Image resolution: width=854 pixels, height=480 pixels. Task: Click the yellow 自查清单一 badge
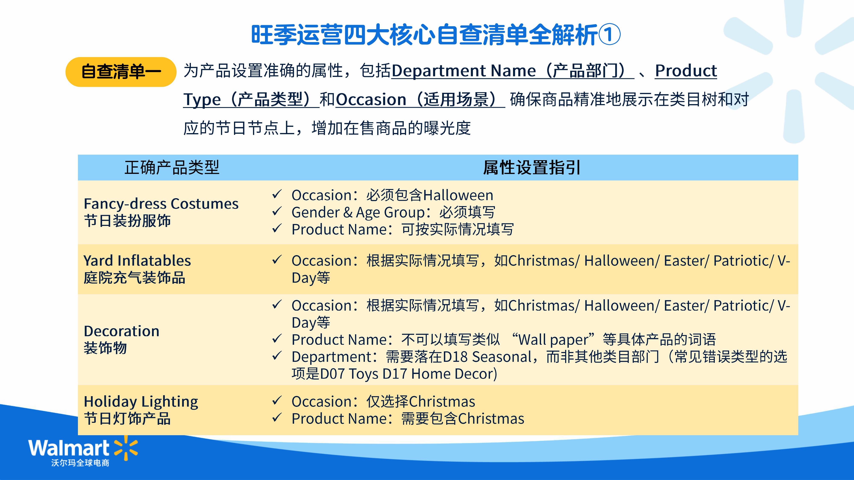click(121, 72)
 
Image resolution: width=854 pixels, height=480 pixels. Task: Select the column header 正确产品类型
click(172, 167)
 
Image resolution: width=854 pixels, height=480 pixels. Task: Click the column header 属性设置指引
click(531, 167)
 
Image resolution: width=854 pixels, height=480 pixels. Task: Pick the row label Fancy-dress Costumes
click(161, 203)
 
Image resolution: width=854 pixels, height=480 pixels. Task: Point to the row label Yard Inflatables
click(137, 260)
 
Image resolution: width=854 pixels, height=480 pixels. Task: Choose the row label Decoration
click(122, 331)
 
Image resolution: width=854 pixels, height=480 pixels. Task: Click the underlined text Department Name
click(464, 71)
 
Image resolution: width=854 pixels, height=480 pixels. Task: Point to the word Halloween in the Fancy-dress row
click(459, 195)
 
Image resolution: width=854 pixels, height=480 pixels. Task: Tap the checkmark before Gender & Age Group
click(277, 211)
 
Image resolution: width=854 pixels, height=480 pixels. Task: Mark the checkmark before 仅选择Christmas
click(277, 401)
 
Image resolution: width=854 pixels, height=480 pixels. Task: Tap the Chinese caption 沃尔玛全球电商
click(80, 463)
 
